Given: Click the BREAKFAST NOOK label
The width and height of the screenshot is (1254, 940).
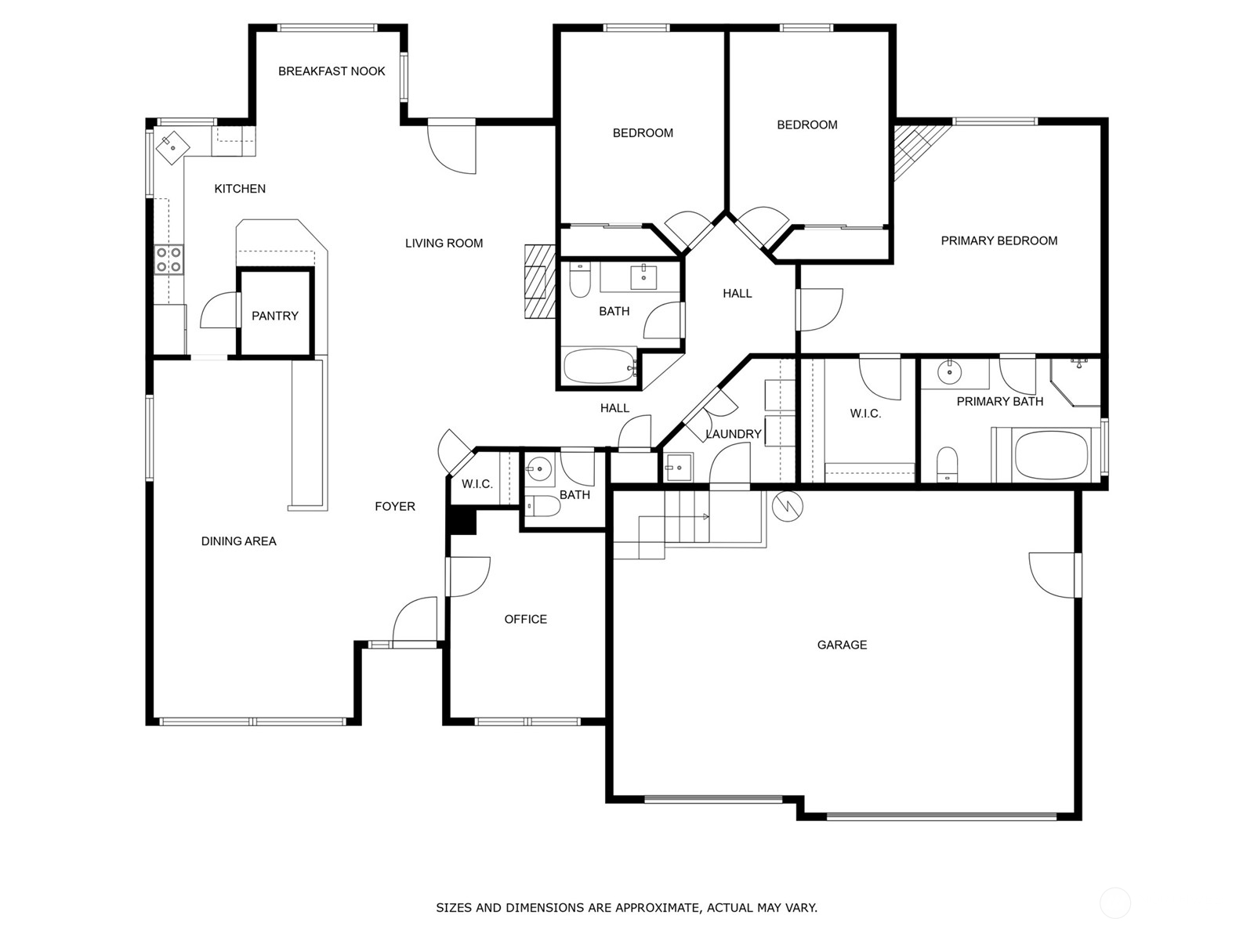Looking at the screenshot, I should pyautogui.click(x=332, y=71).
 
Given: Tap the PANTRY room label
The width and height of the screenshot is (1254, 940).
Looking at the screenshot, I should pyautogui.click(x=274, y=316).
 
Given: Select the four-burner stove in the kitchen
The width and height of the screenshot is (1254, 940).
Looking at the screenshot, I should pyautogui.click(x=169, y=259).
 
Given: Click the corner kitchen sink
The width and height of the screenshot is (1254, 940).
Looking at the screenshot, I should pyautogui.click(x=172, y=146).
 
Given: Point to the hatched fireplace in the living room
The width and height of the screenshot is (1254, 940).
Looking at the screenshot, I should pyautogui.click(x=538, y=281).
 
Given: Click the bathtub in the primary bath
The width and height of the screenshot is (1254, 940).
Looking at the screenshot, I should pyautogui.click(x=1051, y=455).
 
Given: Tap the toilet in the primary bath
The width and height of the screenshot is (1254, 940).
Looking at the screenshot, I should pyautogui.click(x=947, y=465).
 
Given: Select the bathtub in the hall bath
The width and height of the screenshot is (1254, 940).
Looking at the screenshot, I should pyautogui.click(x=600, y=367).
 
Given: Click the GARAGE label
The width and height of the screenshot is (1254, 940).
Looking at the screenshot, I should pyautogui.click(x=842, y=645).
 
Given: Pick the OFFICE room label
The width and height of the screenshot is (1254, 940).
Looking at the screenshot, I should pyautogui.click(x=525, y=619).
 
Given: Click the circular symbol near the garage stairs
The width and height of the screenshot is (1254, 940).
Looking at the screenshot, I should pyautogui.click(x=787, y=506).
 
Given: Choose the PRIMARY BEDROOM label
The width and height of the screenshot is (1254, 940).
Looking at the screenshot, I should pyautogui.click(x=998, y=240).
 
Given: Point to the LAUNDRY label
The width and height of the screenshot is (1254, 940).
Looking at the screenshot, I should pyautogui.click(x=733, y=434).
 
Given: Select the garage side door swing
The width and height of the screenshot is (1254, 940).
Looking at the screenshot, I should pyautogui.click(x=1053, y=575).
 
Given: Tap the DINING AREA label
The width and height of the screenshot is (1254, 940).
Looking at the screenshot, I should pyautogui.click(x=238, y=540).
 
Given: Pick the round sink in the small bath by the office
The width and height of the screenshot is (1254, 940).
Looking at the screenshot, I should pyautogui.click(x=539, y=470).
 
